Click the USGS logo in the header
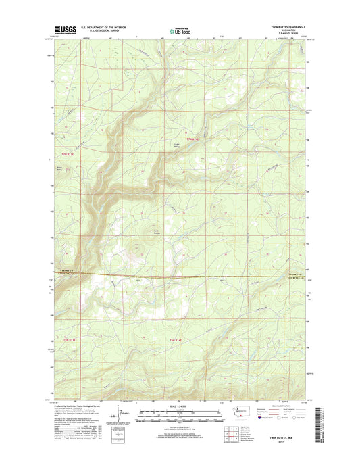pos(62,30)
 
